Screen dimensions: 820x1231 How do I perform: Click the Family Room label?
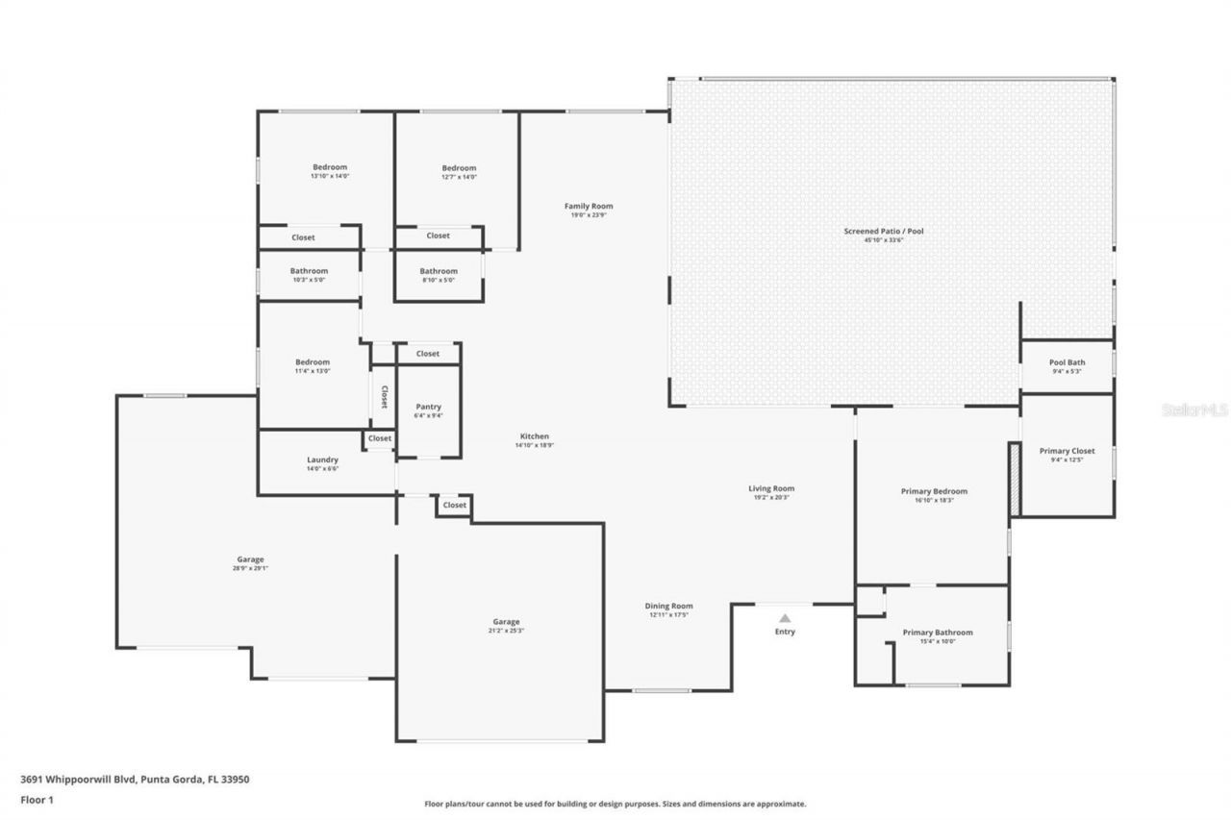point(589,206)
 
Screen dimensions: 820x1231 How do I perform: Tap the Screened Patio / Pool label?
point(883,231)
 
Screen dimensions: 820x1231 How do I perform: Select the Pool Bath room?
point(1068,366)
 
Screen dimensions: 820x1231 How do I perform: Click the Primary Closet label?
point(1067,451)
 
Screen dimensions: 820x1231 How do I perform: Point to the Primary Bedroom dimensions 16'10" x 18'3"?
point(933,500)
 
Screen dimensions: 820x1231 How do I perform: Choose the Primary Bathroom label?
point(937,633)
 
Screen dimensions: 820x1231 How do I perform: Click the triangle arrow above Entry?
point(785,618)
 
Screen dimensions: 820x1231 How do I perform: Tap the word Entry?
point(785,632)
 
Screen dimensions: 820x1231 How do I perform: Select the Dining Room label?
point(668,606)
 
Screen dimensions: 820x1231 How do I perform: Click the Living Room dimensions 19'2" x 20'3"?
point(771,497)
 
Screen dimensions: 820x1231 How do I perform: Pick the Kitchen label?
point(534,436)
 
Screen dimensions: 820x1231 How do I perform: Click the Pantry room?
point(428,410)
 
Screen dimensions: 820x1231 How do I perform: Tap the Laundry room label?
point(322,460)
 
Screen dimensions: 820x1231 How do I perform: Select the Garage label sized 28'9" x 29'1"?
point(250,559)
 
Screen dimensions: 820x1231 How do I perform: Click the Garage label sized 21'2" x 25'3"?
point(507,622)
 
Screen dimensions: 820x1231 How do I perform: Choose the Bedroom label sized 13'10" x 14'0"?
point(329,167)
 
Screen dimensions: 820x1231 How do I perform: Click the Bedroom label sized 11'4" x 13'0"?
point(313,361)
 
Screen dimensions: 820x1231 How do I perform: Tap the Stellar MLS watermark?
point(1195,410)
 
